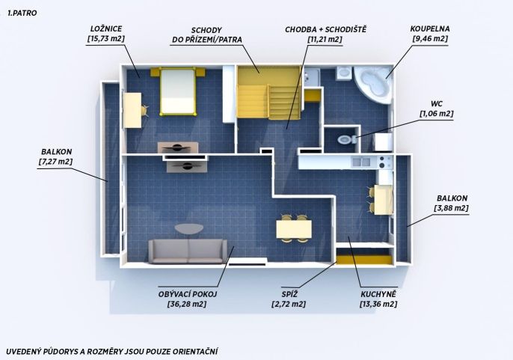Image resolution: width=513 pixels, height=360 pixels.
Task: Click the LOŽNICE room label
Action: [x=106, y=29]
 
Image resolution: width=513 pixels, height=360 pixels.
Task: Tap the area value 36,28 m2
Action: [x=187, y=304]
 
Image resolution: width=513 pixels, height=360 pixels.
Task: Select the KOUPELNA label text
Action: [x=430, y=29]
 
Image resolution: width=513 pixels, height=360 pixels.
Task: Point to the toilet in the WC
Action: [x=345, y=139]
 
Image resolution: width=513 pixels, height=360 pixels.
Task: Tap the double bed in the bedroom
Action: [x=178, y=91]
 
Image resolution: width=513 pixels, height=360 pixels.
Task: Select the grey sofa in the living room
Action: [x=188, y=251]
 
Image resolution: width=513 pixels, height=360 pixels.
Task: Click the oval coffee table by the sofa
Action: [x=188, y=228]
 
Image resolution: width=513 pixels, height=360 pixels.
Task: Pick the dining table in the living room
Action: [x=294, y=229]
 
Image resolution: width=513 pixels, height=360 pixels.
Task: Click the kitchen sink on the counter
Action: [x=361, y=162]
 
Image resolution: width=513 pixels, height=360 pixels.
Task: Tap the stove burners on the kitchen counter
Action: [x=385, y=162]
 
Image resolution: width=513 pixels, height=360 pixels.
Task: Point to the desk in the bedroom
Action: [x=132, y=110]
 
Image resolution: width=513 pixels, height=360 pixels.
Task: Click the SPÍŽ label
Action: [x=289, y=294]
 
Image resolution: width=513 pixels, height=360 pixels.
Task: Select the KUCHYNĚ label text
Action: [x=378, y=294]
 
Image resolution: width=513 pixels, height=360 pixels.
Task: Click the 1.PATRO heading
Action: [x=22, y=13]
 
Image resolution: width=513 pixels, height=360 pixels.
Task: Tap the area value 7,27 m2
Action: [x=55, y=162]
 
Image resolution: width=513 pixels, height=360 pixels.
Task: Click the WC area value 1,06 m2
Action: [x=437, y=114]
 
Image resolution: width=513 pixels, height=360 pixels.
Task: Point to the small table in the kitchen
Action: [x=384, y=200]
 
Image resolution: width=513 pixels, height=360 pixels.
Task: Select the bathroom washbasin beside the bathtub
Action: [x=343, y=73]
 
